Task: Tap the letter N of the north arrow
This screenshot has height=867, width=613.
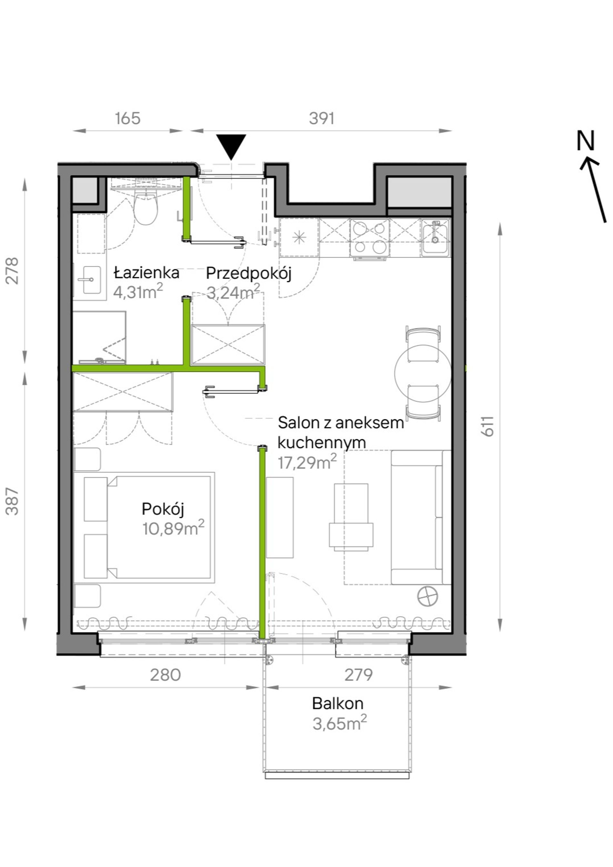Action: pyautogui.click(x=586, y=141)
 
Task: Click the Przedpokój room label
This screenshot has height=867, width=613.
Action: pyautogui.click(x=249, y=274)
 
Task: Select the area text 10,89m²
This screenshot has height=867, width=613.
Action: pyautogui.click(x=173, y=528)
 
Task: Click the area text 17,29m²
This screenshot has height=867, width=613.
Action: pyautogui.click(x=307, y=462)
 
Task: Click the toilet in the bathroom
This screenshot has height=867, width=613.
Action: pyautogui.click(x=146, y=208)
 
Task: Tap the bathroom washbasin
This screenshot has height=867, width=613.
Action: pyautogui.click(x=89, y=280)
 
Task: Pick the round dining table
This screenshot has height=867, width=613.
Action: pyautogui.click(x=423, y=373)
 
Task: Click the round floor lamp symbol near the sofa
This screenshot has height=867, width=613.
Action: pyautogui.click(x=427, y=597)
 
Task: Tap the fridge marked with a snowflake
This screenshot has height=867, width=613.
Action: pyautogui.click(x=299, y=237)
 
